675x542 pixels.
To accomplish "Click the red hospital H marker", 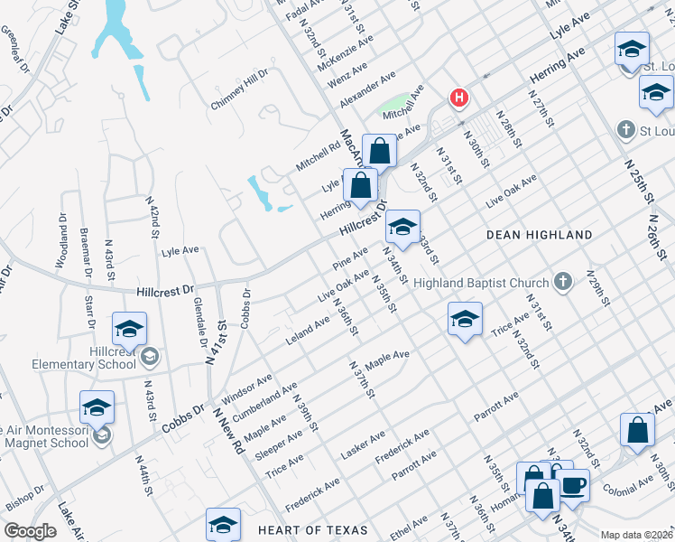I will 459,98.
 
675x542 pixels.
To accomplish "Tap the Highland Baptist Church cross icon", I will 563,282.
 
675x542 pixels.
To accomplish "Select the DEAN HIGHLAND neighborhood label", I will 540,235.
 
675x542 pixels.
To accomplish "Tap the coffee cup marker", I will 572,485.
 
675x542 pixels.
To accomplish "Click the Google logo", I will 31,531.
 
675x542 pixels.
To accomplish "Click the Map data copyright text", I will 637,535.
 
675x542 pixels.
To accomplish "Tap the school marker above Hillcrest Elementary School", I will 129,329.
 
